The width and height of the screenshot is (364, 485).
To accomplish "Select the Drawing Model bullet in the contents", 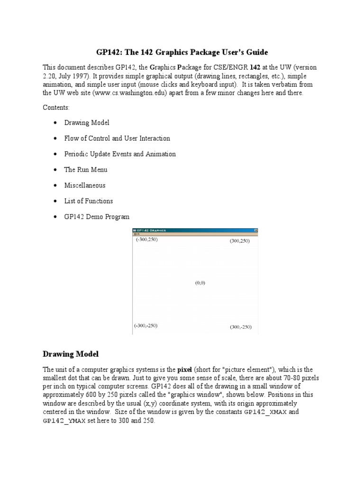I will pyautogui.click(x=87, y=123).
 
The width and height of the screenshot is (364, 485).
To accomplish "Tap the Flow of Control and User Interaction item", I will pyautogui.click(x=117, y=138).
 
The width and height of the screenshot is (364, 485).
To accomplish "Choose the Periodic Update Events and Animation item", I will pyautogui.click(x=120, y=154).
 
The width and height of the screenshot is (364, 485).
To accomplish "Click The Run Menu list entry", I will pyautogui.click(x=86, y=170).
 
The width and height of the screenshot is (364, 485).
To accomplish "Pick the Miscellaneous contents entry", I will pyautogui.click(x=85, y=185).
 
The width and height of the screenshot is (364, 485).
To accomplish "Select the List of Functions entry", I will pyautogui.click(x=89, y=201).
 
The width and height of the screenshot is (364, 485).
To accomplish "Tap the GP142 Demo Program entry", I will pyautogui.click(x=97, y=216).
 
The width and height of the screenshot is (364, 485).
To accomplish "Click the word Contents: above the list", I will pyautogui.click(x=56, y=108).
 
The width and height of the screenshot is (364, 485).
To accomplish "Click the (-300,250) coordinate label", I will pyautogui.click(x=146, y=240).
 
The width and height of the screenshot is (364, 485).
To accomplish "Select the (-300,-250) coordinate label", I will pyautogui.click(x=146, y=326).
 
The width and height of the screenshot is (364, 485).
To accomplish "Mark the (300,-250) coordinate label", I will pyautogui.click(x=241, y=327).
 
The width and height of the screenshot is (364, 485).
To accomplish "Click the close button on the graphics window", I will pyautogui.click(x=255, y=231).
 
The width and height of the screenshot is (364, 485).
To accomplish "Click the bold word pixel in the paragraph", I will pyautogui.click(x=185, y=369).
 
